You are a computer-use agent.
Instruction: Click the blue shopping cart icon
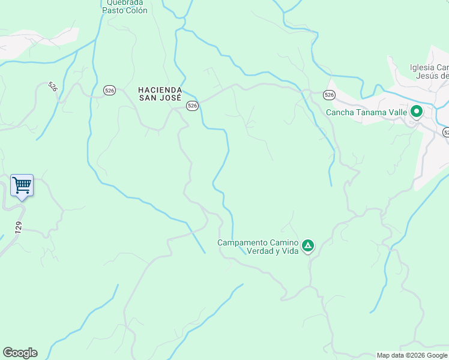(22, 185)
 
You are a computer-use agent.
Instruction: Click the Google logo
(20, 353)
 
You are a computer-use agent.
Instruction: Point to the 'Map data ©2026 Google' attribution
(412, 355)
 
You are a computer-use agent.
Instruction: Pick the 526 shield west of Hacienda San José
(109, 90)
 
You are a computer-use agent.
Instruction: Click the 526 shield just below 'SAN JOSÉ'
(191, 106)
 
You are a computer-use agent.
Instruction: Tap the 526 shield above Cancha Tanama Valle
(328, 95)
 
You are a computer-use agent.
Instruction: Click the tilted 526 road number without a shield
(52, 86)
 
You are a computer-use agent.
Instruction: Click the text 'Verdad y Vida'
(273, 251)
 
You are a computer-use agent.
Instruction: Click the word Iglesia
(422, 67)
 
